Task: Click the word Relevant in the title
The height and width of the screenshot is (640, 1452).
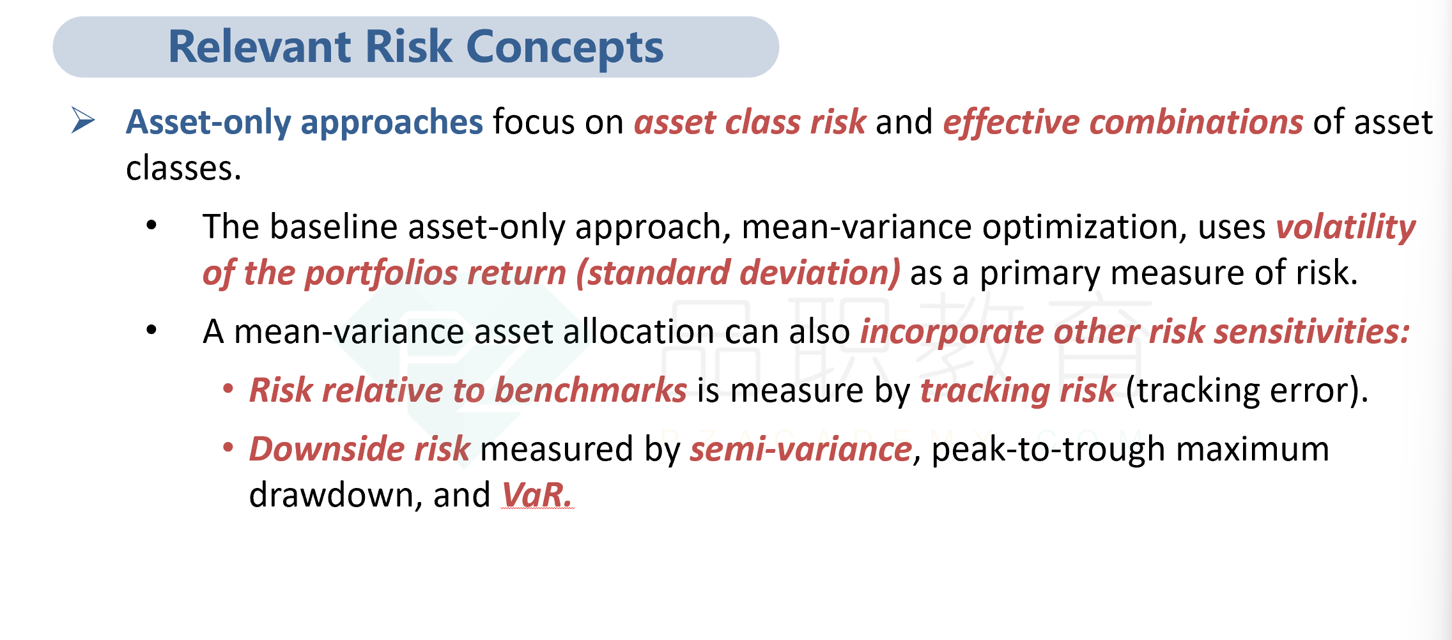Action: coord(260,47)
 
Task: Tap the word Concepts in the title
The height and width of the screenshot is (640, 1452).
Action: coord(565,49)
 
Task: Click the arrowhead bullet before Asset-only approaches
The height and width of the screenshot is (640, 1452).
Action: coord(84,120)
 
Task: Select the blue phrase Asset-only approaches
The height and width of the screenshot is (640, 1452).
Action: coord(304,123)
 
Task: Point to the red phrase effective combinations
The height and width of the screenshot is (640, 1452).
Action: coord(1123,123)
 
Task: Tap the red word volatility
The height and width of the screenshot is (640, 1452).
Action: coord(1346,228)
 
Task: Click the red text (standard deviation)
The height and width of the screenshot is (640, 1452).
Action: coord(738,273)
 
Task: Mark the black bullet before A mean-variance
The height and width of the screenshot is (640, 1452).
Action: coord(151,330)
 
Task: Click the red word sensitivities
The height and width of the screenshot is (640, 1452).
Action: coord(1311,332)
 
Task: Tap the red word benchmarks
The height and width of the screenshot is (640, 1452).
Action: coord(591,390)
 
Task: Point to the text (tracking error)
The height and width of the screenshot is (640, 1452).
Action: coord(1246,391)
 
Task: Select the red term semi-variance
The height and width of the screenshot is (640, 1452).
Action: coord(801,449)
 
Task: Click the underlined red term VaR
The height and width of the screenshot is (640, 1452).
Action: coord(537,495)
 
